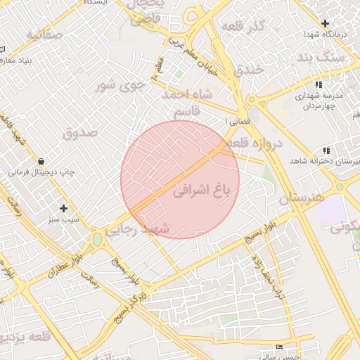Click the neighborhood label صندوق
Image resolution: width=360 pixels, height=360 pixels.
tap(77, 132)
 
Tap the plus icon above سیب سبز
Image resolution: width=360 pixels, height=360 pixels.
tap(64, 208)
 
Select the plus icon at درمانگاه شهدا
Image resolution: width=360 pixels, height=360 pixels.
tap(324, 23)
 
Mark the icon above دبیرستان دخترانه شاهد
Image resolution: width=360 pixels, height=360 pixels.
tap(326, 150)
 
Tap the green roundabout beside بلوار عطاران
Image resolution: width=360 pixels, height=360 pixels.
tap(96, 240)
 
